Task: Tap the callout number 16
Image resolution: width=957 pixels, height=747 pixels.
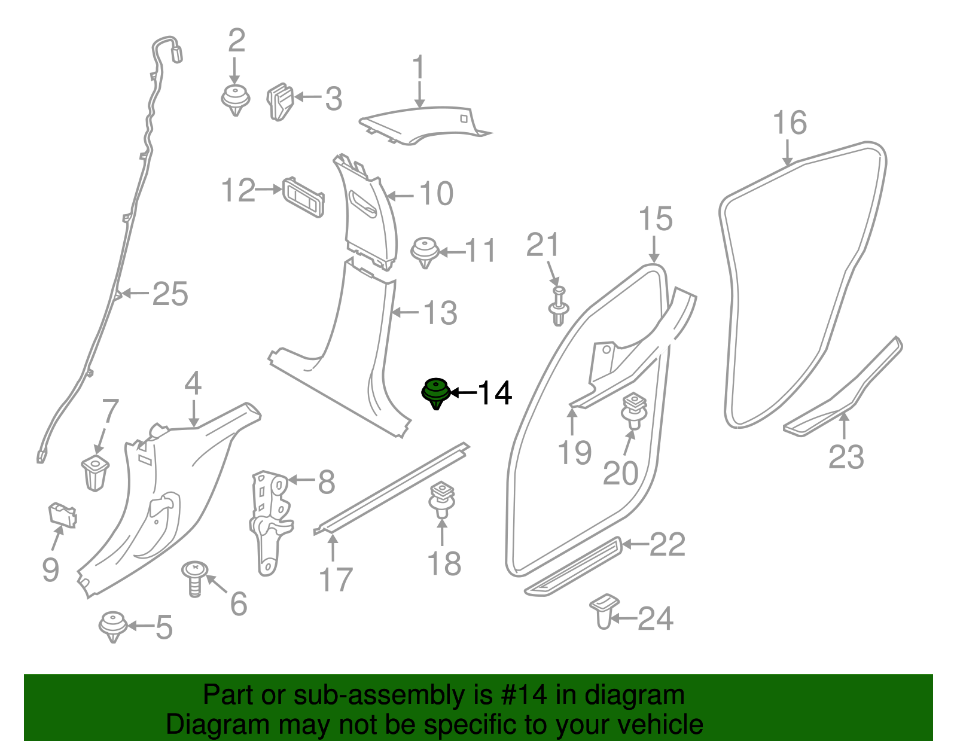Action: point(790,123)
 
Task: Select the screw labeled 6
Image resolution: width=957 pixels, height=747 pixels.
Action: point(194,578)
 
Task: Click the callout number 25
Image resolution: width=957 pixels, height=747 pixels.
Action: point(170,294)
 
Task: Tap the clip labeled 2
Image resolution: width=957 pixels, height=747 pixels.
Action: point(235,100)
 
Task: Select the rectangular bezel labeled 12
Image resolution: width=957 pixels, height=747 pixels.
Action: point(303,197)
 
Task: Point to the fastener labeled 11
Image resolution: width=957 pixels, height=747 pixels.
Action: point(425,252)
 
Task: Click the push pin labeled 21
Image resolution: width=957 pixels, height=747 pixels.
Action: point(558,306)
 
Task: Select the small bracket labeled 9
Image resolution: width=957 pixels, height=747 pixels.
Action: point(62,515)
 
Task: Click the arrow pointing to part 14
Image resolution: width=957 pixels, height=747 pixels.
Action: point(463,393)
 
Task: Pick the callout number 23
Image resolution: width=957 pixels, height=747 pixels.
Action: point(846,458)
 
